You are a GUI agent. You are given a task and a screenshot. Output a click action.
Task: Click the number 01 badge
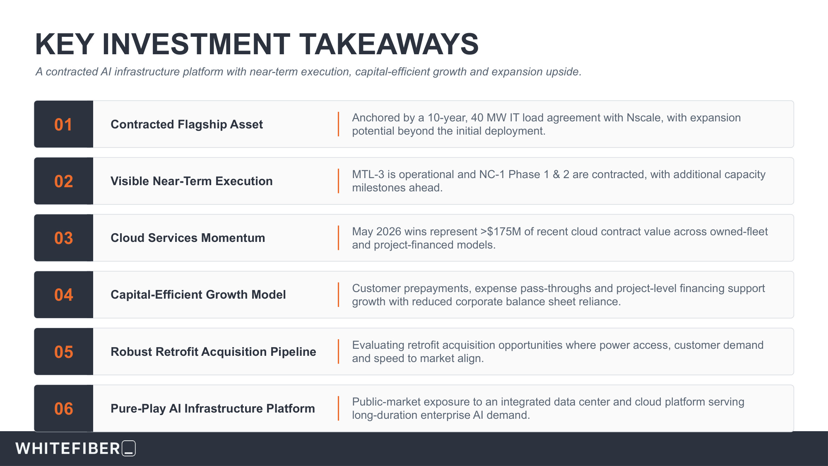[63, 124]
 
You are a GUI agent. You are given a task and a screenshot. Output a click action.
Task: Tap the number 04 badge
[63, 295]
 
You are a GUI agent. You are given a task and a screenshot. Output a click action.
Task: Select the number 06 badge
[63, 408]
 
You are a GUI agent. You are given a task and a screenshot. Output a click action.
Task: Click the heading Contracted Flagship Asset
[187, 124]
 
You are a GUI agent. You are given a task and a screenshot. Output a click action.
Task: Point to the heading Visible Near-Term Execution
[192, 181]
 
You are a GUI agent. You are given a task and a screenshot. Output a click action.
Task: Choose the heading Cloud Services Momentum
[188, 238]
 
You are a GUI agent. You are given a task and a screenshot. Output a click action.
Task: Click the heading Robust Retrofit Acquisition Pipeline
[213, 352]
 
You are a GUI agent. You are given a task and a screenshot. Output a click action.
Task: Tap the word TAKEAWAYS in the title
[389, 44]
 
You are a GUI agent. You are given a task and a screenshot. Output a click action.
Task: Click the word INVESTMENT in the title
[196, 44]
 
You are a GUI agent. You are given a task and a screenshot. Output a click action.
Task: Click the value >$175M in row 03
[501, 232]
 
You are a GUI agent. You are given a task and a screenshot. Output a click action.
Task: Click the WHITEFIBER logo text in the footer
[68, 449]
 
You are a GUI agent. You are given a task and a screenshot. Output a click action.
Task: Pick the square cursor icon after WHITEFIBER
[129, 448]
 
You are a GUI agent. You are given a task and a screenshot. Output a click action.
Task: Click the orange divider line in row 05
[338, 352]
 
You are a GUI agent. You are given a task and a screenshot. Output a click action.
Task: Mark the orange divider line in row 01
[338, 124]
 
